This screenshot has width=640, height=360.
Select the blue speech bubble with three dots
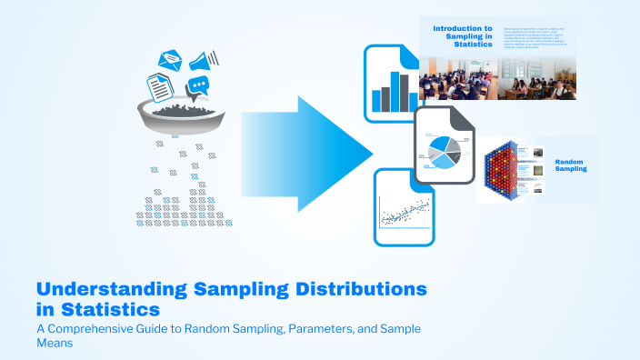click(x=198, y=86)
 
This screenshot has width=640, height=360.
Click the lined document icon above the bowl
click(x=160, y=88)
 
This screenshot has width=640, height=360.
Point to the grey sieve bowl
click(x=182, y=118)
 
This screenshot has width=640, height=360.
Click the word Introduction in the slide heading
click(x=463, y=29)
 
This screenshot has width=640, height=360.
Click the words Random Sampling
click(x=571, y=164)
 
